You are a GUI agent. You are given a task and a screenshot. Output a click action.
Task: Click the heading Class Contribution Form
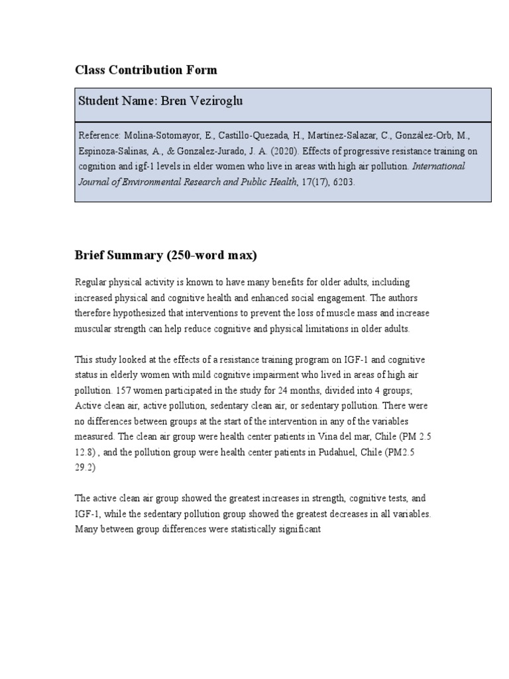click(146, 70)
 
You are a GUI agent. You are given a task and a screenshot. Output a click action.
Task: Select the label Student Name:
click(117, 101)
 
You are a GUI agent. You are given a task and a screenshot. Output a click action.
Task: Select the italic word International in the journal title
click(439, 166)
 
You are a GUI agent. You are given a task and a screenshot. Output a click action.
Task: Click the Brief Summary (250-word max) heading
click(166, 256)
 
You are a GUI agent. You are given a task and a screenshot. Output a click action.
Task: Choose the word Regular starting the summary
click(91, 282)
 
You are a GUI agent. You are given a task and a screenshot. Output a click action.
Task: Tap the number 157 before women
click(124, 391)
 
